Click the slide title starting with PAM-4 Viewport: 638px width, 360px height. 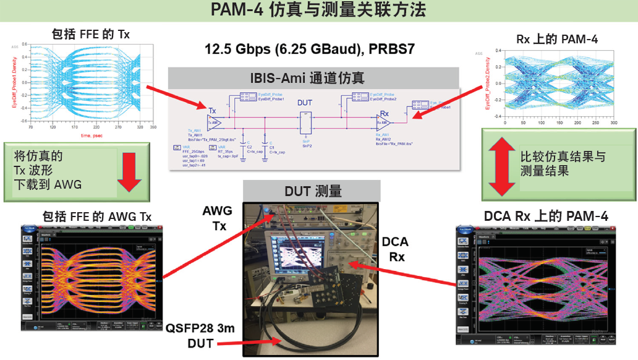(318, 11)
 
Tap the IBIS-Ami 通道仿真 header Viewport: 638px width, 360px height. (314, 77)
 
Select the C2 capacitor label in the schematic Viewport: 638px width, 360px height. (250, 147)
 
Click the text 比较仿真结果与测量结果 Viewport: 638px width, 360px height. (553, 164)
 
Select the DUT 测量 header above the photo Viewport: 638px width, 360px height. (313, 191)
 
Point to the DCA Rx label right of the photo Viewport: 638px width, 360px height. (394, 249)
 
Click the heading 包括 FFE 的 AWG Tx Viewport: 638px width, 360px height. (97, 216)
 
